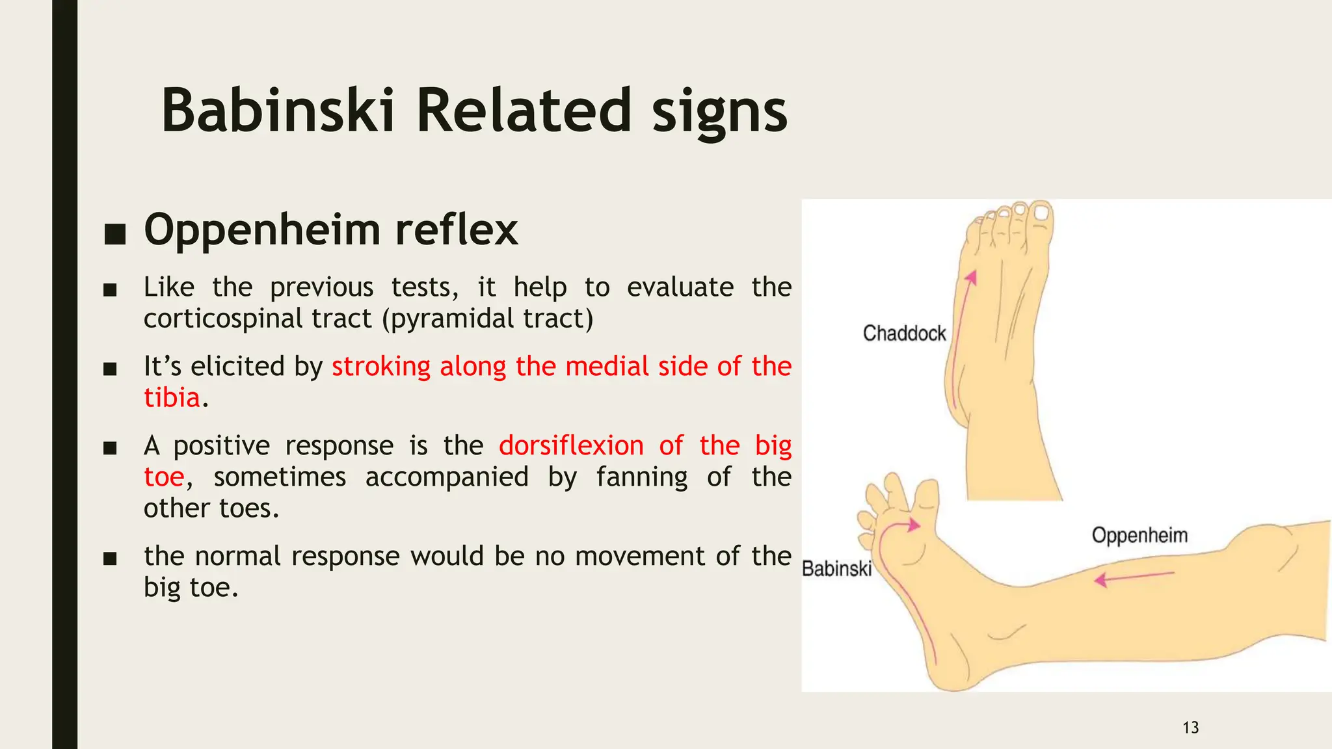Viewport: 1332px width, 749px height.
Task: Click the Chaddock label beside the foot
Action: (904, 334)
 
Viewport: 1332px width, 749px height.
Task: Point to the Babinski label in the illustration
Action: (836, 569)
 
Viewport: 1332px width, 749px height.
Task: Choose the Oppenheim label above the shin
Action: (1139, 536)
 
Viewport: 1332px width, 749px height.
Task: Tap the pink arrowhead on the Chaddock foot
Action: (972, 278)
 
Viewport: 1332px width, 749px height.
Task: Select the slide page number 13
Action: (1190, 728)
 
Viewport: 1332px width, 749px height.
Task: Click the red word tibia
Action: (172, 398)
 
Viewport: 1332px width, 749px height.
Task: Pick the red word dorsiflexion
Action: (571, 446)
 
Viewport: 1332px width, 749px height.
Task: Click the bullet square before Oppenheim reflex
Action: (114, 233)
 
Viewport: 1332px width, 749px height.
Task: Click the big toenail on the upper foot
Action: (1042, 213)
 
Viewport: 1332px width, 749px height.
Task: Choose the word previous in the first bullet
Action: (321, 287)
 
